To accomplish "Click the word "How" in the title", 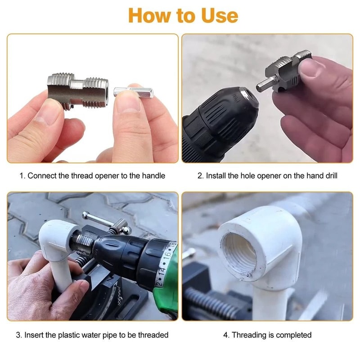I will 148,15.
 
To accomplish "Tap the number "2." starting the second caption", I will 201,175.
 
